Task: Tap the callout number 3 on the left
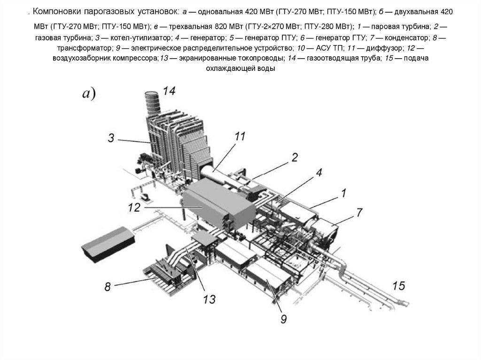(x=111, y=138)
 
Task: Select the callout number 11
(x=240, y=137)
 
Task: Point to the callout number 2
(x=294, y=157)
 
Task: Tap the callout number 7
(x=359, y=212)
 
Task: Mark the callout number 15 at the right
(x=398, y=285)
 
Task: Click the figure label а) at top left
(x=89, y=94)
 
